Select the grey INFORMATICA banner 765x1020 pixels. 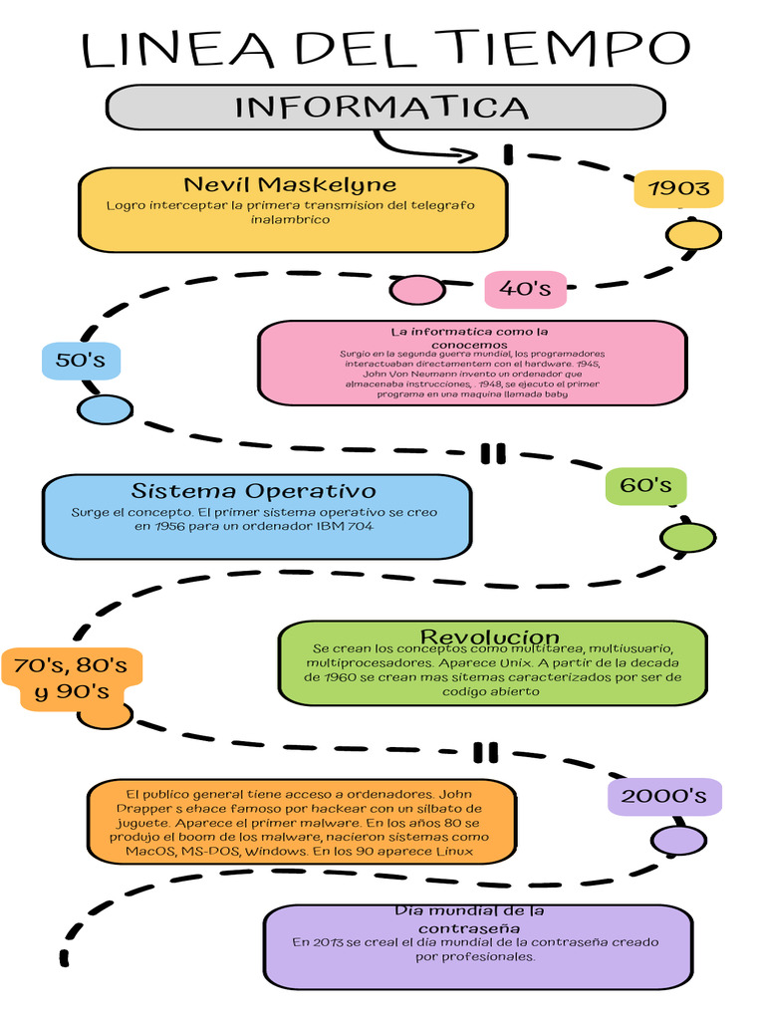pos(383,107)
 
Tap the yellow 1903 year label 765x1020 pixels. pos(678,188)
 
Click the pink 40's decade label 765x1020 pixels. pos(525,289)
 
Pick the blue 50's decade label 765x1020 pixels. pos(81,360)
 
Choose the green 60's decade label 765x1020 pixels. pos(645,485)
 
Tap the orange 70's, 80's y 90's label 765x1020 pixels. pos(72,677)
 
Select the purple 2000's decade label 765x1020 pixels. pos(663,796)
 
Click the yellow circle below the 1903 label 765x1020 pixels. pos(693,236)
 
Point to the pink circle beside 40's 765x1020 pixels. pos(416,290)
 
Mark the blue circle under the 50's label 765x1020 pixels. pos(105,409)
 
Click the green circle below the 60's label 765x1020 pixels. pos(688,538)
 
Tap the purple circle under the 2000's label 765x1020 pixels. pos(679,840)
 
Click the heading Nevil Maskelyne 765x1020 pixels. pos(290,184)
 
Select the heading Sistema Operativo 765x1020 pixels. pos(254,491)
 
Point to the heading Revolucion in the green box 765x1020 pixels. pos(490,637)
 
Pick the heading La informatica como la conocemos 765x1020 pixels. pos(469,338)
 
